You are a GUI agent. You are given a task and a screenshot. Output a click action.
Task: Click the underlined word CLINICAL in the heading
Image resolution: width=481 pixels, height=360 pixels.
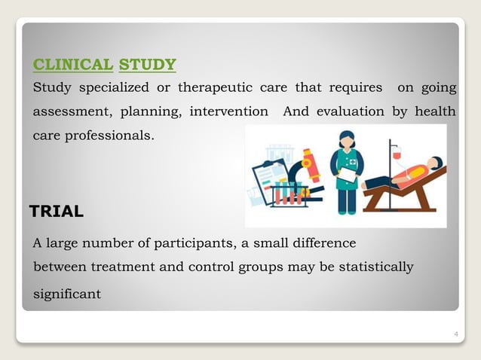point(73,64)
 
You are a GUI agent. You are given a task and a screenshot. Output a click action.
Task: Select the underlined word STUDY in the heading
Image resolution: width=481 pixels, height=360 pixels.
point(148,64)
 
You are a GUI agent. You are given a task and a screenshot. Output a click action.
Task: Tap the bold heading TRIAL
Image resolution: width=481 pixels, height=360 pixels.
point(57,212)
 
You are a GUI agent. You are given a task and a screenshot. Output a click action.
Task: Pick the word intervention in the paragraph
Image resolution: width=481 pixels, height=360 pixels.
point(228,112)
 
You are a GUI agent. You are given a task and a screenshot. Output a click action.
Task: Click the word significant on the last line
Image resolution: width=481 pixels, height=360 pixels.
point(67,294)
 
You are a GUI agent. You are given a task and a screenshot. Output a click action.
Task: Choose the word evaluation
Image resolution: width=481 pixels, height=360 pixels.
point(354,112)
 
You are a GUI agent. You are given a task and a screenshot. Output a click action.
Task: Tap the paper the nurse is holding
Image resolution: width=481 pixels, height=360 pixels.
point(348,175)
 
